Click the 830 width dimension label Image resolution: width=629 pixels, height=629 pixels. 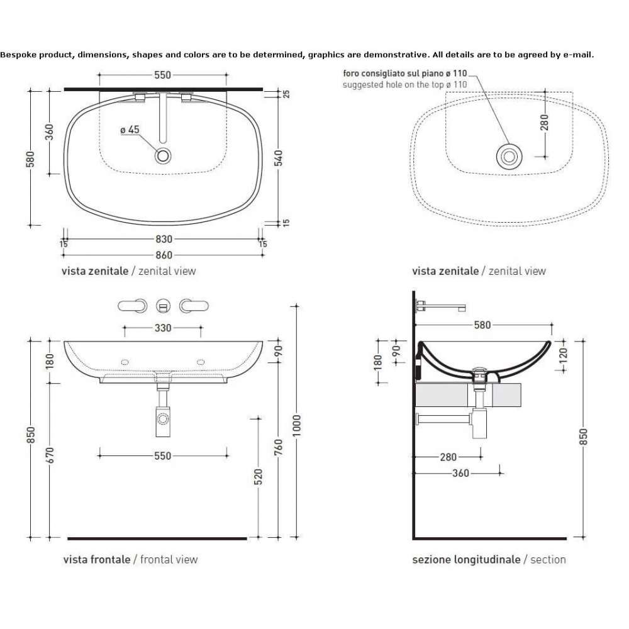point(164,239)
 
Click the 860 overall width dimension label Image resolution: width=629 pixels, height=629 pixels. point(164,255)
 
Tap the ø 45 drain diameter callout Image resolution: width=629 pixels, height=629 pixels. point(130,130)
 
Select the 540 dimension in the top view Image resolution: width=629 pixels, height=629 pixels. point(279,158)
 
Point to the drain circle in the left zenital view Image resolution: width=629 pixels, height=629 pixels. point(163,155)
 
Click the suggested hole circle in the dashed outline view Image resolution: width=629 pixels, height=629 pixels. point(509,157)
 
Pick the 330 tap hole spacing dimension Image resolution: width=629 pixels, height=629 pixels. point(163,328)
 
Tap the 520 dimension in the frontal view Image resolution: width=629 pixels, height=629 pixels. point(258,477)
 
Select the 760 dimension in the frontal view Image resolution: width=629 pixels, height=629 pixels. point(279,447)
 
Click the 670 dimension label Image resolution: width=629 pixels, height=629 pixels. point(50,455)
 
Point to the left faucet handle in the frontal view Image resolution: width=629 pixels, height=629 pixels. point(132,306)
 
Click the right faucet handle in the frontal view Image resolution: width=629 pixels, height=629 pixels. point(194,306)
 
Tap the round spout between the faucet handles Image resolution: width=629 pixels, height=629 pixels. point(163,306)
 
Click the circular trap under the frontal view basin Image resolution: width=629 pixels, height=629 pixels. point(163,419)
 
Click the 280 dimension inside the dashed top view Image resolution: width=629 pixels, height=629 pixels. point(544,123)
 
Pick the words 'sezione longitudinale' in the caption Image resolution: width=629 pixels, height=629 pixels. point(466,560)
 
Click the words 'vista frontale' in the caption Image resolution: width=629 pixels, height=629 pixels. point(97,560)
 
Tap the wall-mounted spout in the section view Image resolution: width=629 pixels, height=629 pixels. point(441,306)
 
